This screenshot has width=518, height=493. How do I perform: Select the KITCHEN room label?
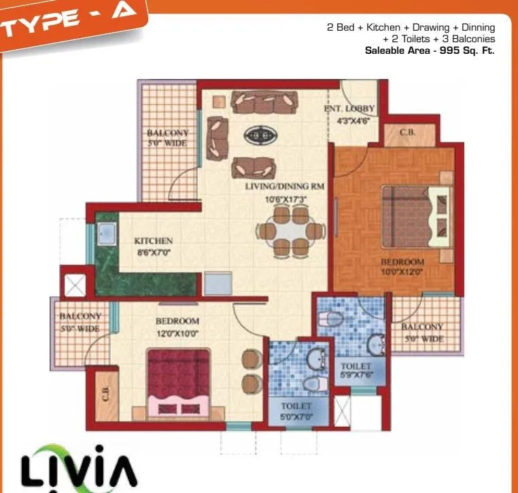tap(153, 241)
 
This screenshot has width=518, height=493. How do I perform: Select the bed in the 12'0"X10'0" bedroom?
tap(179, 380)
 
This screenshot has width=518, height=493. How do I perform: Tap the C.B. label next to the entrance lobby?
tap(407, 133)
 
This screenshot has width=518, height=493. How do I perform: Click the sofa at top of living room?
tap(264, 102)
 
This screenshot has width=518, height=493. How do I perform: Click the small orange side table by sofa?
tap(218, 101)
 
